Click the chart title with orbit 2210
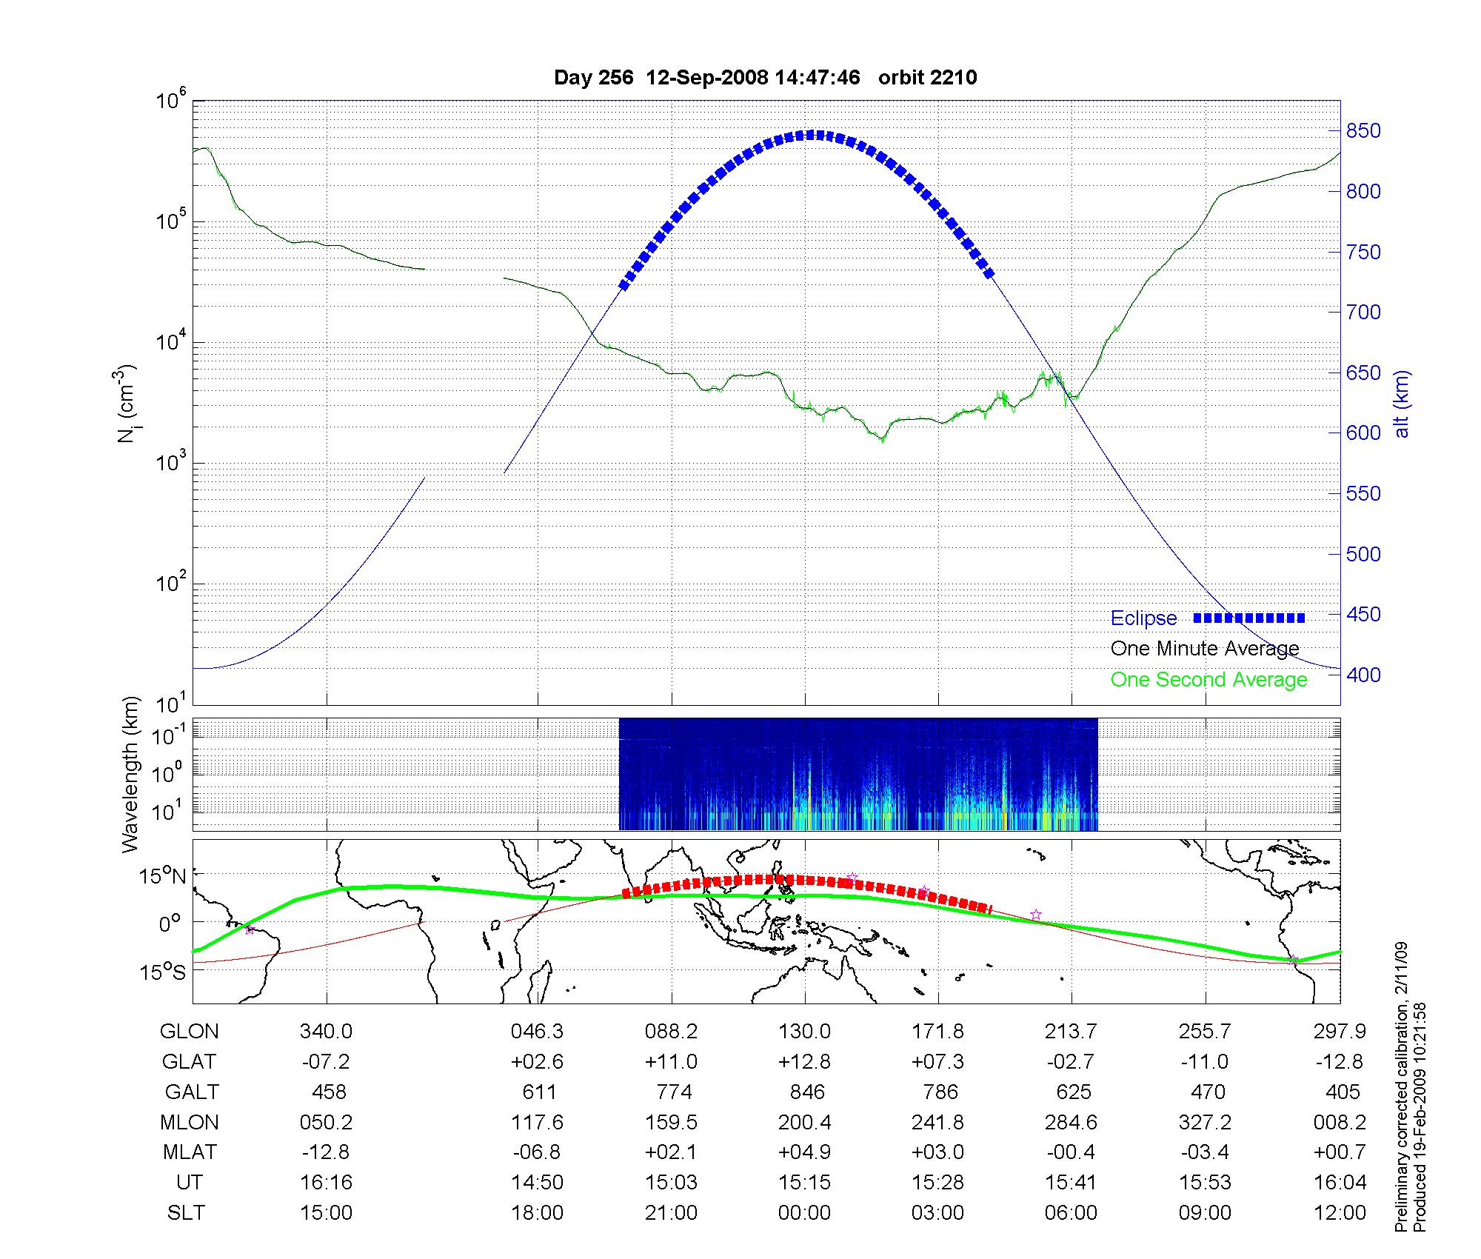pyautogui.click(x=765, y=78)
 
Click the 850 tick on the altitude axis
pyautogui.click(x=1363, y=131)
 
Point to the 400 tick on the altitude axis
pyautogui.click(x=1363, y=675)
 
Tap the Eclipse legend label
pyautogui.click(x=1143, y=618)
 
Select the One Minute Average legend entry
pyautogui.click(x=1205, y=649)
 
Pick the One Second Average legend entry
pyautogui.click(x=1208, y=680)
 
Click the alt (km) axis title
pyautogui.click(x=1402, y=404)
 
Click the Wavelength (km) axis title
pyautogui.click(x=130, y=774)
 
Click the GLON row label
pyautogui.click(x=190, y=1032)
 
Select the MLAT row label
pyautogui.click(x=190, y=1152)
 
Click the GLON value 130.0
pyautogui.click(x=804, y=1032)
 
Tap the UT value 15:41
pyautogui.click(x=1071, y=1183)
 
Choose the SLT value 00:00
pyautogui.click(x=804, y=1213)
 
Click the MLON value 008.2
pyautogui.click(x=1339, y=1123)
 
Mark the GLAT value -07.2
pyautogui.click(x=326, y=1062)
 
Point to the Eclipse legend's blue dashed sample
pyautogui.click(x=1248, y=618)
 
